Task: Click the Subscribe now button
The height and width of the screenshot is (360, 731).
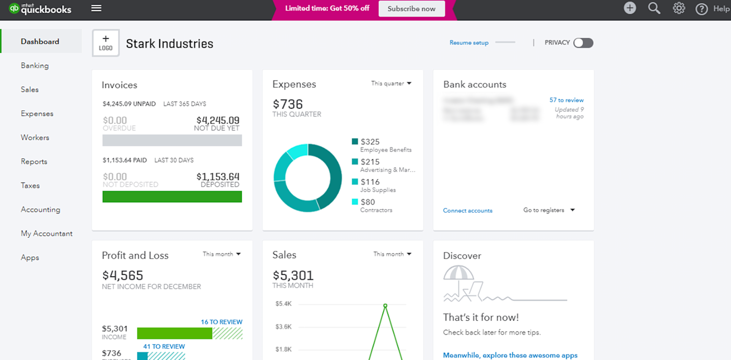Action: click(x=411, y=9)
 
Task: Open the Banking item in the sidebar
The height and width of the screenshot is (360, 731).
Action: click(x=34, y=66)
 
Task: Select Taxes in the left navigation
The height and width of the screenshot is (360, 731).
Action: click(x=30, y=185)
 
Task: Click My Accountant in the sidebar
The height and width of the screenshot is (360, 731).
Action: click(x=46, y=234)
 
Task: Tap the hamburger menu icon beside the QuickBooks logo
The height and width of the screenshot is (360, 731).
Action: click(x=96, y=8)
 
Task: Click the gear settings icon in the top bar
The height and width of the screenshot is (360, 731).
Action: click(x=678, y=8)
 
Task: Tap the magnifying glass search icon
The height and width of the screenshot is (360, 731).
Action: click(x=654, y=8)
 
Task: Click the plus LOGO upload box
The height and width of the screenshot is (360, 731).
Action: click(x=106, y=43)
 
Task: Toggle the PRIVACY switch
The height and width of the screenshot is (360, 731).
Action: click(x=583, y=43)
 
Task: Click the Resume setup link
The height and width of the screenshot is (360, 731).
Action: click(x=469, y=43)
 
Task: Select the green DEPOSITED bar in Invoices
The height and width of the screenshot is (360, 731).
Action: click(x=172, y=196)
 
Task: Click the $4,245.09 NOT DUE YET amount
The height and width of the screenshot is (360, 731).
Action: click(x=217, y=121)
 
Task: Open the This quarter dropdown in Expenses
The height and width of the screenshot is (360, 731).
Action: click(x=391, y=84)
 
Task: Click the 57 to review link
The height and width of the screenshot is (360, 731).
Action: click(x=566, y=100)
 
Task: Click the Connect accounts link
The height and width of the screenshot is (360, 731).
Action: click(x=467, y=211)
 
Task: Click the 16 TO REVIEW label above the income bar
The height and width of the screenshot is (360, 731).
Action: click(x=221, y=322)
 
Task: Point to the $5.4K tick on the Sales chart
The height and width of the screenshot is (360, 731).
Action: click(x=284, y=304)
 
